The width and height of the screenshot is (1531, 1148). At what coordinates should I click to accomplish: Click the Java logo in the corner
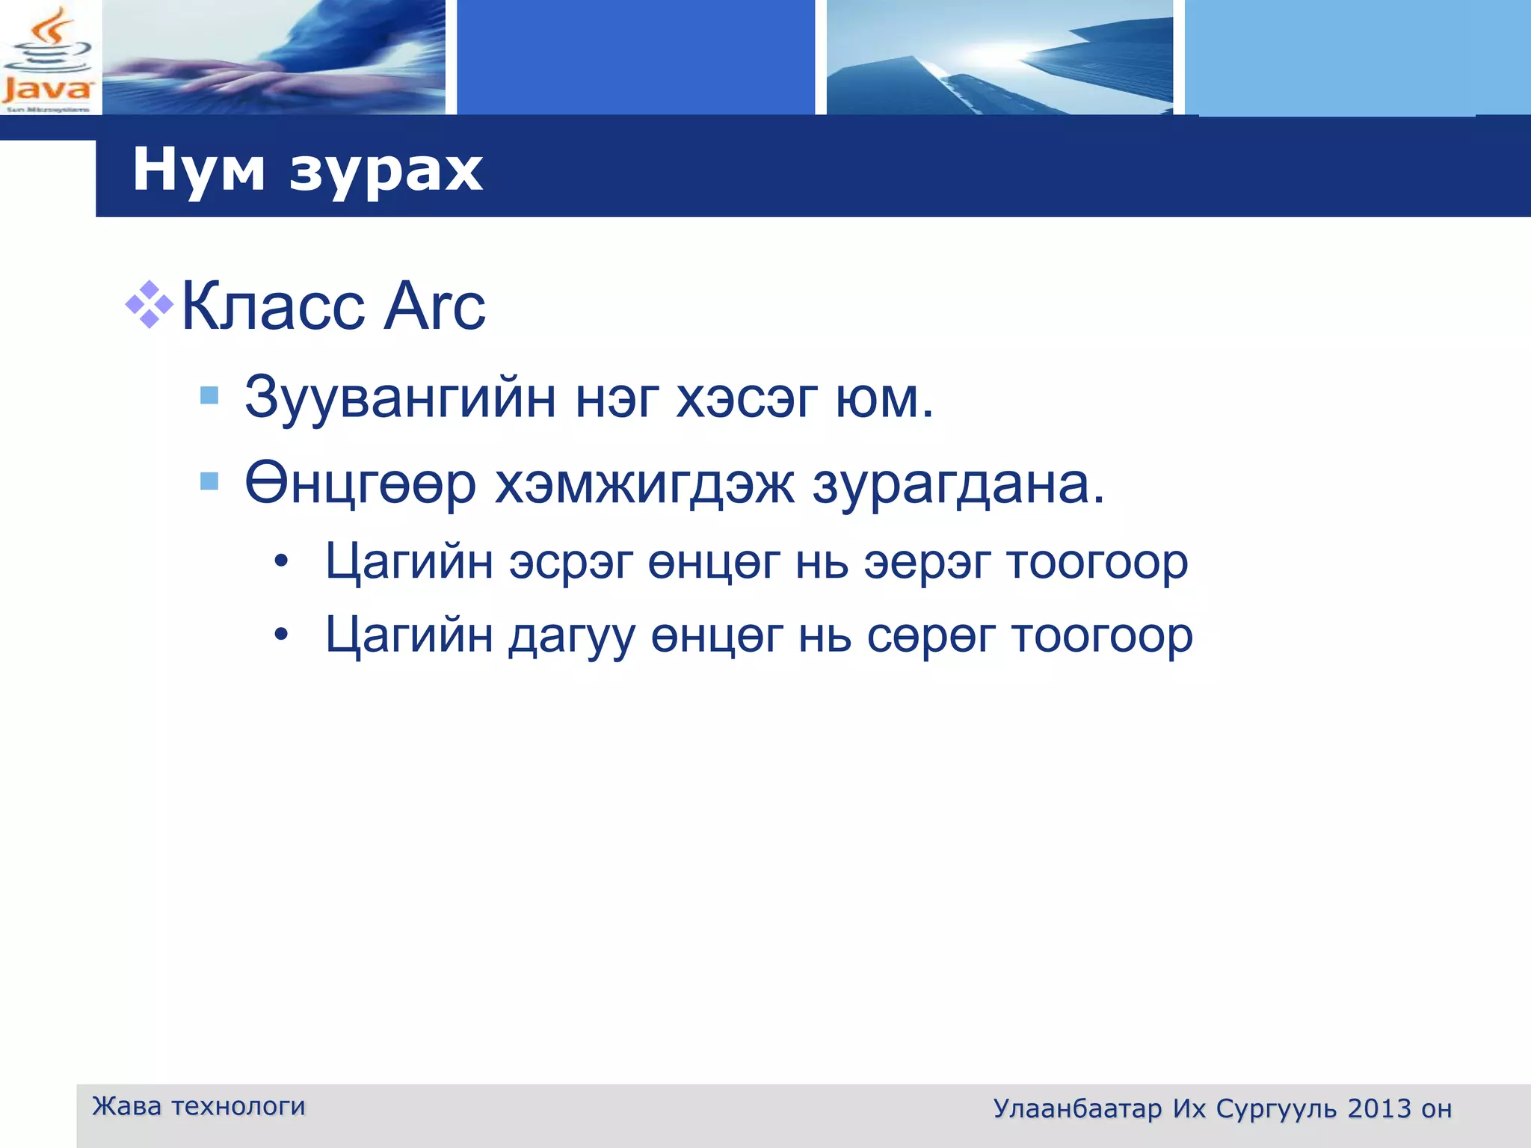pos(49,58)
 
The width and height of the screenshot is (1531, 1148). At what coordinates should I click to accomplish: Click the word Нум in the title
pos(199,170)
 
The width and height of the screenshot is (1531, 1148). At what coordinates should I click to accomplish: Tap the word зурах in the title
pos(386,171)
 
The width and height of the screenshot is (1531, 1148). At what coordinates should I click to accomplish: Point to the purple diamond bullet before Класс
pos(149,304)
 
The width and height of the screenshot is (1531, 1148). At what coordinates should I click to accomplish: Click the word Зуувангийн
pos(400,398)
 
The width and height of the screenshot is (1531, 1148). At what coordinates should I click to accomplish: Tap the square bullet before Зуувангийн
pos(210,395)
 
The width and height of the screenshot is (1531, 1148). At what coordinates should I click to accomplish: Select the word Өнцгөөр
pos(360,484)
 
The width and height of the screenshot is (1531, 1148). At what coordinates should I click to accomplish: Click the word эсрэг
pos(571,562)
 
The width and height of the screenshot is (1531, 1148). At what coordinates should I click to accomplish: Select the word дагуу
pos(573,637)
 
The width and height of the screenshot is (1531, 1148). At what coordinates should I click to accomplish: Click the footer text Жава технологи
pos(199,1106)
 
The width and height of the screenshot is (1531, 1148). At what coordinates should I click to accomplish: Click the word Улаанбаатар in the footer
pos(1077,1108)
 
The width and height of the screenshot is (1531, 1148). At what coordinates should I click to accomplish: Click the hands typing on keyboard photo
pos(274,58)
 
